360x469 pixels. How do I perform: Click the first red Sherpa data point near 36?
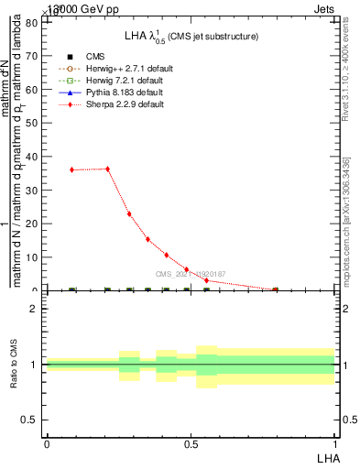tap(72, 169)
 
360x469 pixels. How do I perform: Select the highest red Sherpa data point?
tap(107, 169)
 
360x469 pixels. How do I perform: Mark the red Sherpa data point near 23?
tap(129, 213)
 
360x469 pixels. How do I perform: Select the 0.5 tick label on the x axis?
tap(191, 443)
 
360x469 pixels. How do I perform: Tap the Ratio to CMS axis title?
tap(14, 365)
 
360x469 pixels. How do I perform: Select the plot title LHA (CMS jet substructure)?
tap(191, 36)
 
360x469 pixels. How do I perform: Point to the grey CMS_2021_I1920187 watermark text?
tap(190, 274)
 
